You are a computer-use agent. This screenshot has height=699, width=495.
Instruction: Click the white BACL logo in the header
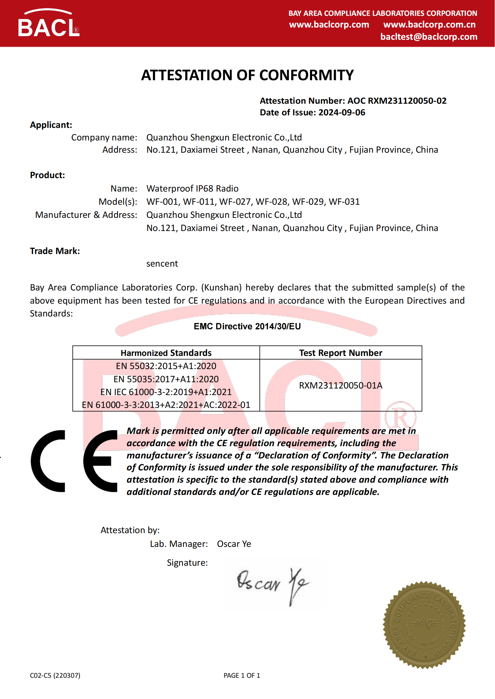pyautogui.click(x=49, y=24)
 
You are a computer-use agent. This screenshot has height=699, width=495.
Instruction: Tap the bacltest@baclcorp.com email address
pyautogui.click(x=429, y=37)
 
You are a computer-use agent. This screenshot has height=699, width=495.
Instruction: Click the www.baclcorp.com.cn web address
pyautogui.click(x=429, y=25)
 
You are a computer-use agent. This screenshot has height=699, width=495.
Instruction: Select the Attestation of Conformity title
pyautogui.click(x=247, y=75)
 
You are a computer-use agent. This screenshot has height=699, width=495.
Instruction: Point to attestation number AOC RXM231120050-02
pyautogui.click(x=397, y=101)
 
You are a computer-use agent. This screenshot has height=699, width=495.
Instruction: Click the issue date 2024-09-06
pyautogui.click(x=342, y=113)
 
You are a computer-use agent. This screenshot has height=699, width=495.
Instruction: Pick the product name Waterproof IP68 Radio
pyautogui.click(x=192, y=189)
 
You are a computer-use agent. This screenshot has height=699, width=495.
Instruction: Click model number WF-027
pyautogui.click(x=235, y=201)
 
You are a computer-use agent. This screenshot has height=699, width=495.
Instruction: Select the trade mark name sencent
pyautogui.click(x=162, y=264)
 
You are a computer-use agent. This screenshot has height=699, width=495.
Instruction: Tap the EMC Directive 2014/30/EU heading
pyautogui.click(x=247, y=326)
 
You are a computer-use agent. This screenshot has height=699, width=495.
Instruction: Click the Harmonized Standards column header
pyautogui.click(x=166, y=353)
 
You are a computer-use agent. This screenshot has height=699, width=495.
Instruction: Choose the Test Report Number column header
pyautogui.click(x=341, y=353)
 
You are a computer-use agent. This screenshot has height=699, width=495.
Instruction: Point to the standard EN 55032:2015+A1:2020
pyautogui.click(x=166, y=366)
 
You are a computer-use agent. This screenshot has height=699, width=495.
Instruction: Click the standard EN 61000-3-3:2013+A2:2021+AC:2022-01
pyautogui.click(x=166, y=405)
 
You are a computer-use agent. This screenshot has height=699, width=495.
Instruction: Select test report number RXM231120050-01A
pyautogui.click(x=341, y=386)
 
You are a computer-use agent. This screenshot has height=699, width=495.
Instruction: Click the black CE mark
pyautogui.click(x=74, y=461)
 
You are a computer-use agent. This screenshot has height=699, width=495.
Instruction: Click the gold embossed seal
pyautogui.click(x=424, y=625)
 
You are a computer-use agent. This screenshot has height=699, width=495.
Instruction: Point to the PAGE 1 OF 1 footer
pyautogui.click(x=242, y=676)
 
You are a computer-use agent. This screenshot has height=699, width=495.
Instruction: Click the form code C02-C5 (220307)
pyautogui.click(x=55, y=676)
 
